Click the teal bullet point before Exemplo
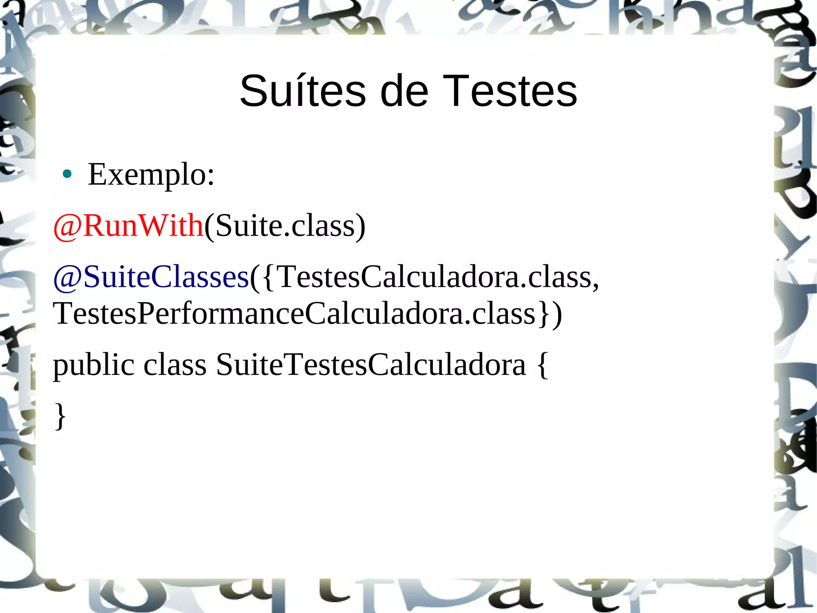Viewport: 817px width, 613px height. coord(67,174)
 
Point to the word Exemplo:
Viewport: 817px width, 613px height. coord(151,175)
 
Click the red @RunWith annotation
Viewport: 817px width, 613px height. coord(128,226)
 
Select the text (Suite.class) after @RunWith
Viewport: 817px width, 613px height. coord(285,226)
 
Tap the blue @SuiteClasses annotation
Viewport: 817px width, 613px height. coord(151,277)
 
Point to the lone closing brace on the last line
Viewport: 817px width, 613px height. coord(60,416)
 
